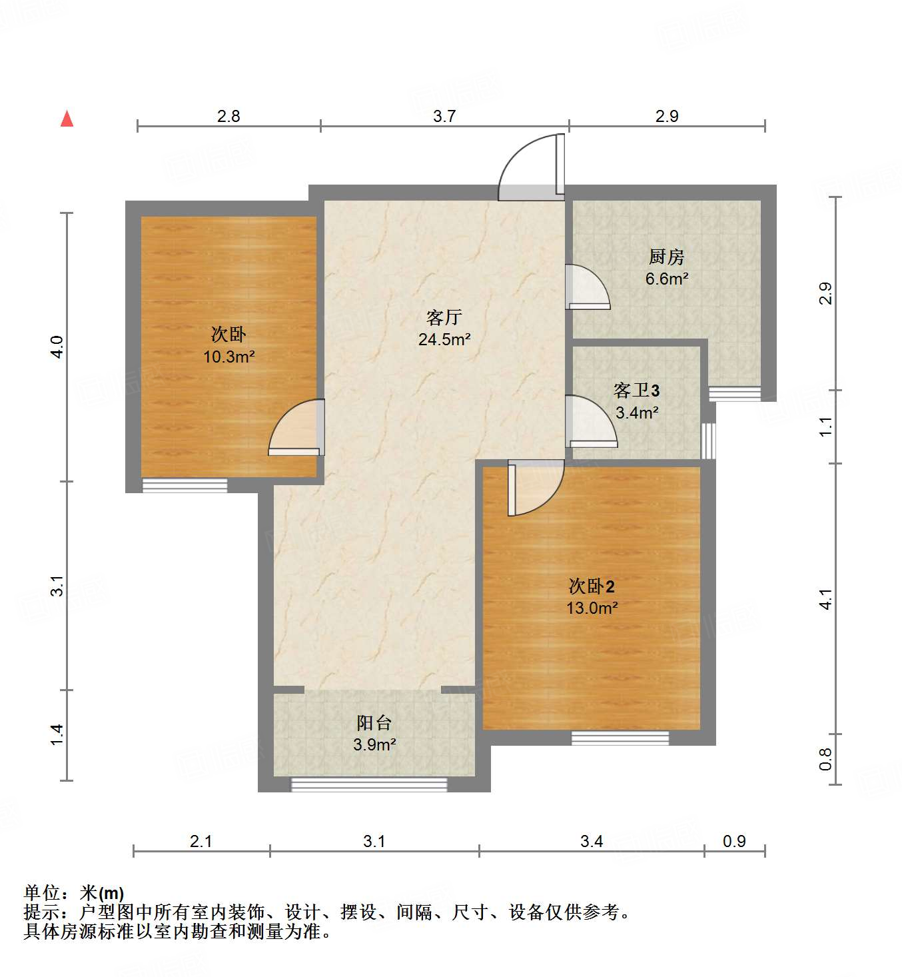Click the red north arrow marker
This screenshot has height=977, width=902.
tap(67, 119)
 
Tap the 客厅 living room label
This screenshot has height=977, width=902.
tap(444, 317)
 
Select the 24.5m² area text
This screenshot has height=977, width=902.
tap(444, 339)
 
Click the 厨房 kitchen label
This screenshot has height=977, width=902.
tap(666, 257)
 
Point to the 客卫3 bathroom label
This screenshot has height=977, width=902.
tap(636, 391)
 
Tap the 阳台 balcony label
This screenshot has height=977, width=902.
tap(374, 722)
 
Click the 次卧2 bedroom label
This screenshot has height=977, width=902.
tap(592, 586)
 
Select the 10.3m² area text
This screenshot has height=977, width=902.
tap(228, 357)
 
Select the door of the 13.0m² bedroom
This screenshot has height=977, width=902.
tap(534, 488)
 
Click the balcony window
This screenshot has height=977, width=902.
tap(369, 784)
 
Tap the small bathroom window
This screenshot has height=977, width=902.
tap(709, 441)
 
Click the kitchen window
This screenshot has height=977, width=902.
tap(734, 394)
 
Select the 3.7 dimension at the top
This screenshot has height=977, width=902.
tap(444, 116)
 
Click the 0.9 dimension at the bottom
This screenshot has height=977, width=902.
tap(734, 841)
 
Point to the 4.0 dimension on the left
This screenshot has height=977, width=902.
tap(57, 347)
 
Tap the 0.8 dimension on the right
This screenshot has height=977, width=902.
tap(825, 758)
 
